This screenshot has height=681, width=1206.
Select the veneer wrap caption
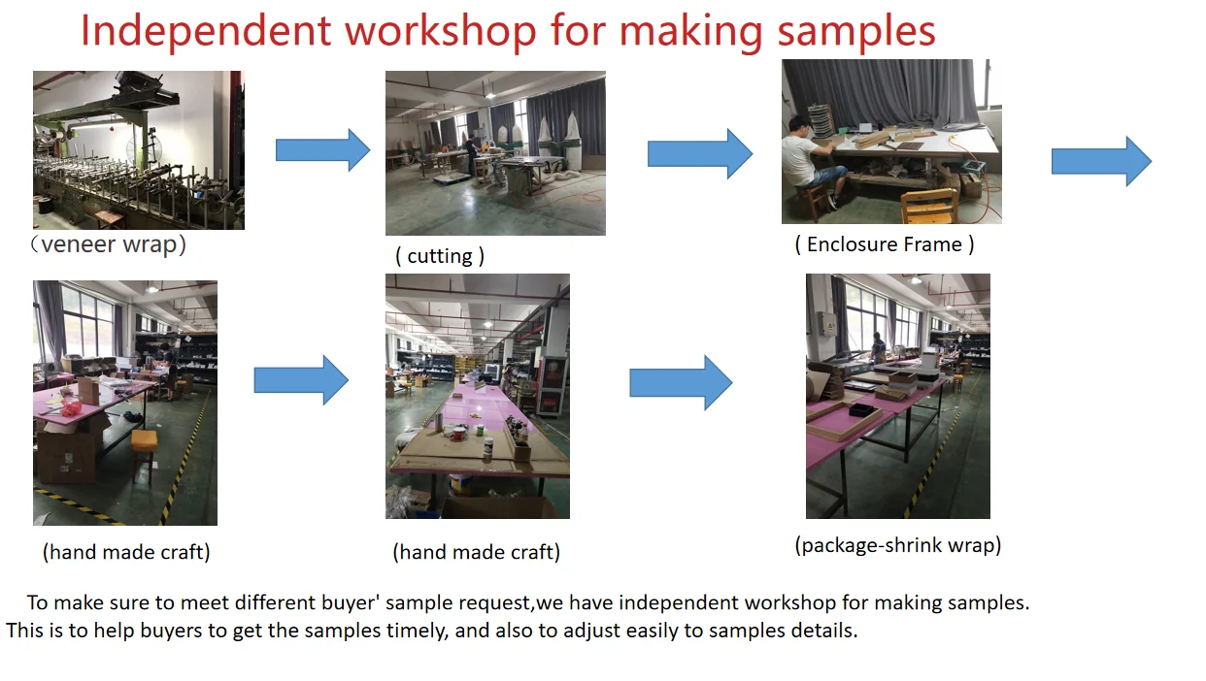pyautogui.click(x=108, y=244)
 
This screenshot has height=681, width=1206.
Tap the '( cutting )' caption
pyautogui.click(x=440, y=256)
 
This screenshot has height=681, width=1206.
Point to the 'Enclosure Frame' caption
pyautogui.click(x=884, y=244)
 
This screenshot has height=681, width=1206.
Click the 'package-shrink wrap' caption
pyautogui.click(x=897, y=545)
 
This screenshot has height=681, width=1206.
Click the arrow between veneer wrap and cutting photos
pyautogui.click(x=322, y=150)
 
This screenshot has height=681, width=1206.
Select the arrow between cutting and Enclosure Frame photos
pyautogui.click(x=699, y=153)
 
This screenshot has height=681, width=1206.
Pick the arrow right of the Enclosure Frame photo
pyautogui.click(x=1101, y=161)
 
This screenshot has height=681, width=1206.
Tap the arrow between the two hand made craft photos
pyautogui.click(x=301, y=380)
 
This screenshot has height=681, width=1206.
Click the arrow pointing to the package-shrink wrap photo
pyautogui.click(x=681, y=382)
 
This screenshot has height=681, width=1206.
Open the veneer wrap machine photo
pyautogui.click(x=138, y=149)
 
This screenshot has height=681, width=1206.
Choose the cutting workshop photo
pyautogui.click(x=495, y=152)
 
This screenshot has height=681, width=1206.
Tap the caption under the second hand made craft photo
pyautogui.click(x=476, y=553)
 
